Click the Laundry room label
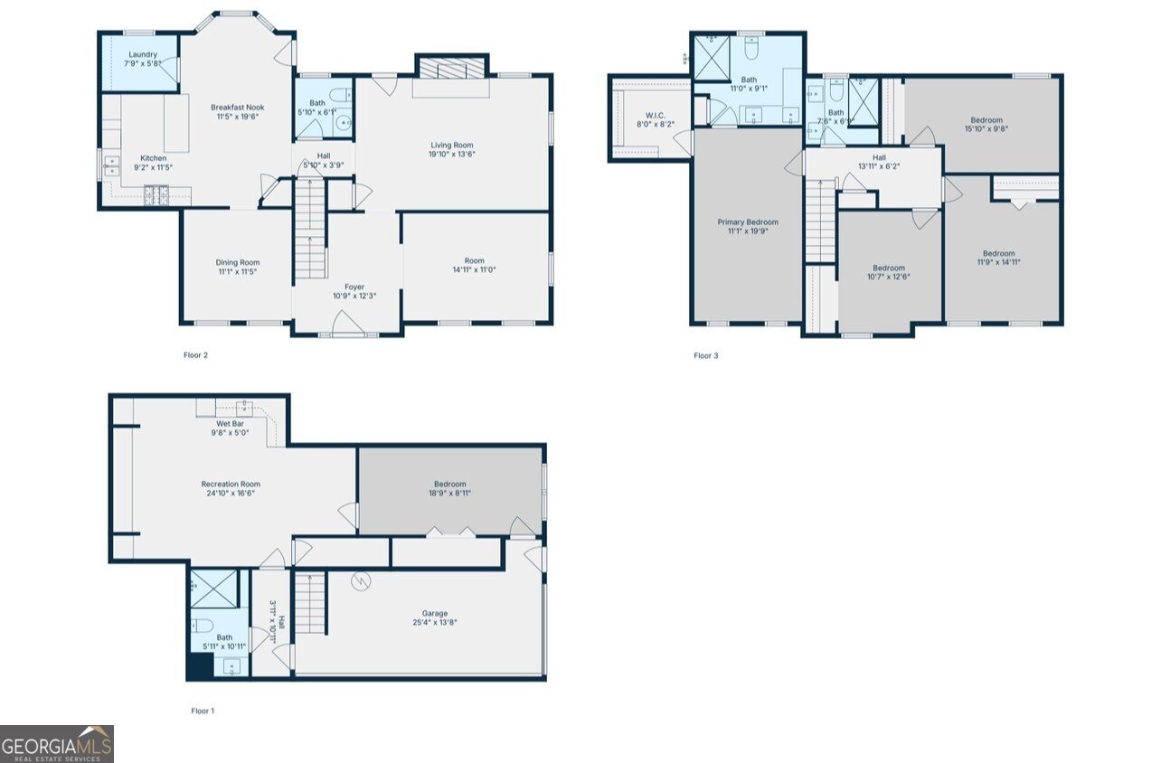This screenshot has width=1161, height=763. (143, 54)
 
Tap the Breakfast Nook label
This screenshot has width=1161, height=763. (237, 108)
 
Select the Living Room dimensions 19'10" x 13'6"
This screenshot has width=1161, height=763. (452, 154)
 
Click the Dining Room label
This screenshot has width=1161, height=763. (237, 262)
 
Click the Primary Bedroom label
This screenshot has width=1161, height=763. (748, 222)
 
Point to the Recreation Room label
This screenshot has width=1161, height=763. (231, 485)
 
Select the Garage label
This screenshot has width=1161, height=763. (435, 613)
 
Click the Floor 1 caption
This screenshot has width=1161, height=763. (203, 711)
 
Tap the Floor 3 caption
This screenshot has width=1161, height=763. (705, 355)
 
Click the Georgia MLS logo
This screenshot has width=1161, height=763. (57, 743)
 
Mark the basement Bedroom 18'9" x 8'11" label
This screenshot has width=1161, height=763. (449, 484)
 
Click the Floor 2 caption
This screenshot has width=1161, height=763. (195, 355)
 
